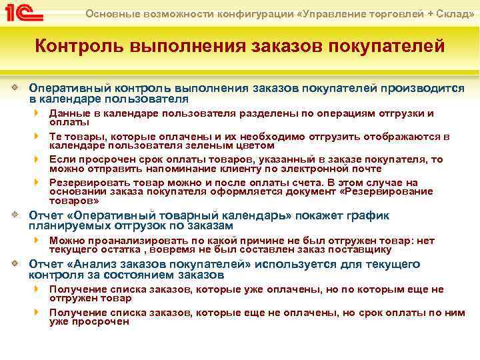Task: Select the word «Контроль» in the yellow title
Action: click(x=77, y=47)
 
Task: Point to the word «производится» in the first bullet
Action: click(x=412, y=87)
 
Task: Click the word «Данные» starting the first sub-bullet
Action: click(x=67, y=113)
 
